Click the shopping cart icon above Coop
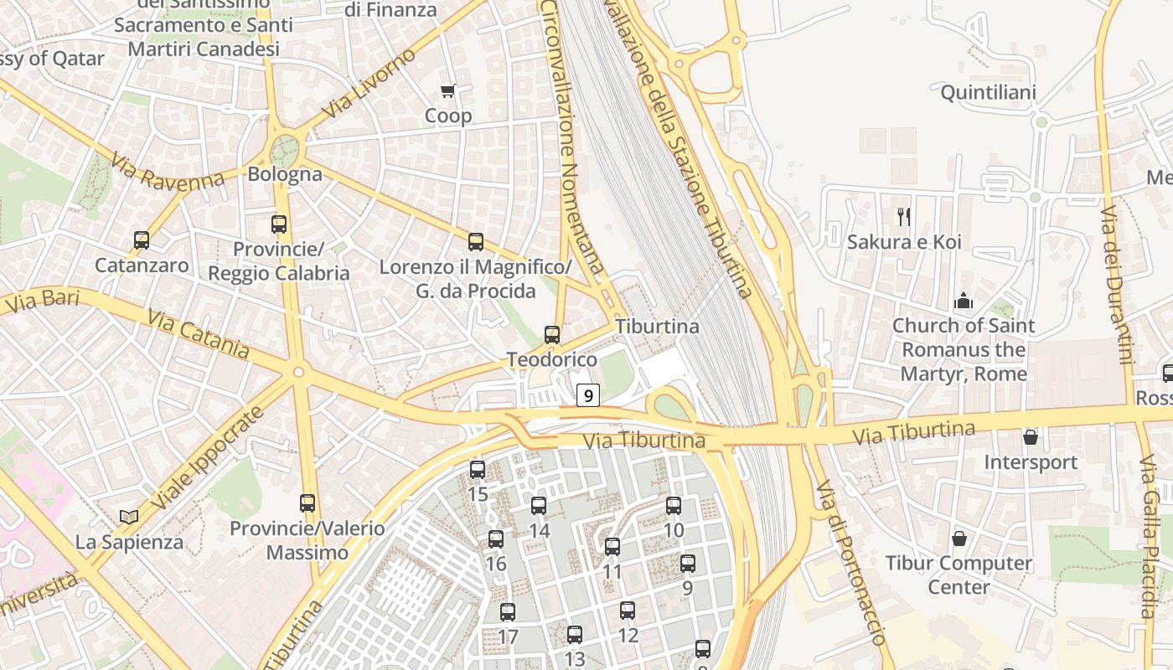(x=448, y=90)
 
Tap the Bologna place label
(x=285, y=174)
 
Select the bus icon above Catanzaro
(x=142, y=240)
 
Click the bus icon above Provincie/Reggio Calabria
(x=279, y=224)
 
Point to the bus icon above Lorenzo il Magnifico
(x=476, y=242)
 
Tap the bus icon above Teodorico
(x=552, y=335)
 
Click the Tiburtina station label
(x=657, y=327)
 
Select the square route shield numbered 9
(x=589, y=395)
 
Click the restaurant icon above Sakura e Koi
(x=904, y=217)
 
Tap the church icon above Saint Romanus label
(x=964, y=300)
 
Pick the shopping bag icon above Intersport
(x=1031, y=437)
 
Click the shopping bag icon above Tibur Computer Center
(x=959, y=539)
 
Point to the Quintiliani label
(x=988, y=92)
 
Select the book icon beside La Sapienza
(x=128, y=518)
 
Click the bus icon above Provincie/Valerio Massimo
(x=307, y=503)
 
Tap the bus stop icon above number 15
(x=478, y=470)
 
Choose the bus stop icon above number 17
(x=508, y=612)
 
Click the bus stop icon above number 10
(x=674, y=506)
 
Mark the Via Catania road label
(x=198, y=334)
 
